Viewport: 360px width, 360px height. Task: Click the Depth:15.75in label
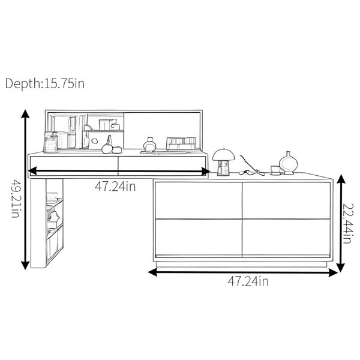(x=45, y=83)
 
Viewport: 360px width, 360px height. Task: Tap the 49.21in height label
(x=17, y=199)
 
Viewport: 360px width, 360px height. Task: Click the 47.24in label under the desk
(x=115, y=186)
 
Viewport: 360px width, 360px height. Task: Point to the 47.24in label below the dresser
(x=248, y=281)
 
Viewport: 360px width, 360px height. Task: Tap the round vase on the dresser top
(x=288, y=163)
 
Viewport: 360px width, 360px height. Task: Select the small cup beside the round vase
(x=275, y=170)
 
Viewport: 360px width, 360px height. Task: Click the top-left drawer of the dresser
(x=199, y=200)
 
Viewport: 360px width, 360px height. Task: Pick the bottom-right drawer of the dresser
(x=286, y=238)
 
